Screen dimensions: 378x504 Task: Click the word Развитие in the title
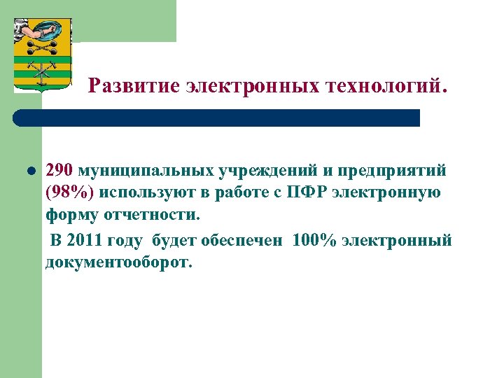(134, 87)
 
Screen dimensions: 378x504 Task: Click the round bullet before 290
(31, 170)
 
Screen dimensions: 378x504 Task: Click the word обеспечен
(242, 241)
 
